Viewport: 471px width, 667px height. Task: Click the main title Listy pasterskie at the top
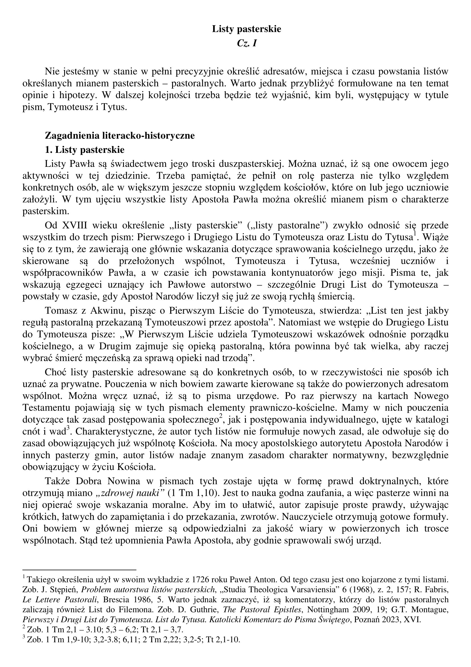(x=246, y=29)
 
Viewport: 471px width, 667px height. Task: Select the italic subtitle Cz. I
(x=247, y=43)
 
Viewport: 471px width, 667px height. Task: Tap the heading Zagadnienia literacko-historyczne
(x=120, y=136)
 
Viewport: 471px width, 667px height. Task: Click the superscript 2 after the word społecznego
(x=221, y=417)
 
